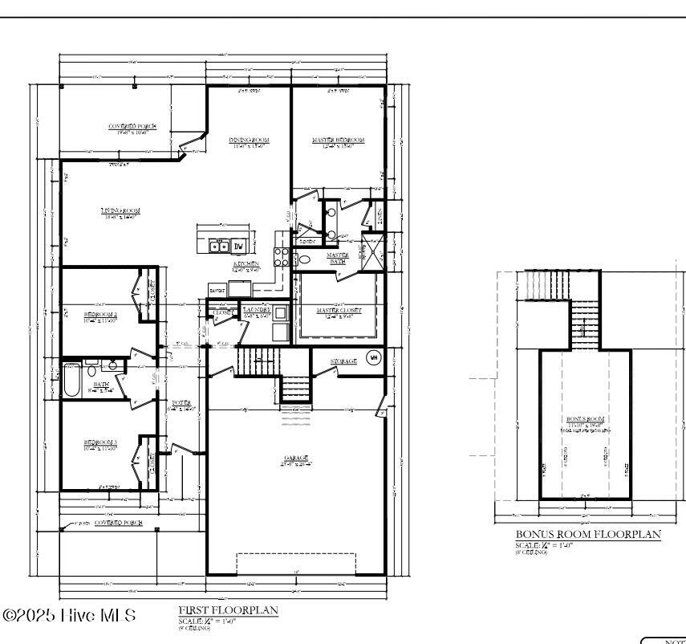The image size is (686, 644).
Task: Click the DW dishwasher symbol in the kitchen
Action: (x=238, y=247)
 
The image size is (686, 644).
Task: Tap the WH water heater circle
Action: (x=373, y=357)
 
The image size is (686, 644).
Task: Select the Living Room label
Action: (x=120, y=210)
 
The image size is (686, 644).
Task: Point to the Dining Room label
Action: (x=250, y=140)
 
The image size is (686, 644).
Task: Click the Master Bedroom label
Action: (x=338, y=140)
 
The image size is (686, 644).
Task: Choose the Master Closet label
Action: (x=338, y=310)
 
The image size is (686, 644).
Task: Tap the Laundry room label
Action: (x=256, y=309)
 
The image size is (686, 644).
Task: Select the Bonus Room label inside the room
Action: (x=585, y=419)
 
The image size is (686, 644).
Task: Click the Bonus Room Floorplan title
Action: (x=588, y=534)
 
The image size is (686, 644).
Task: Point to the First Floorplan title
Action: (x=228, y=610)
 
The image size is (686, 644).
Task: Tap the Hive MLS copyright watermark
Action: (x=70, y=616)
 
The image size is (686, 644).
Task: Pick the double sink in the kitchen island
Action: (x=221, y=247)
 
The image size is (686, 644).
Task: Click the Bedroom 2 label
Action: (x=101, y=314)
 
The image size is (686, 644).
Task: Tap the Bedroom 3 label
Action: (x=101, y=442)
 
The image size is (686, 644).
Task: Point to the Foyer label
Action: (x=181, y=402)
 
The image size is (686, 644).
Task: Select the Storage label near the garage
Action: (x=343, y=361)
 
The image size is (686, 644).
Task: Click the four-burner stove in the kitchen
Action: (x=282, y=256)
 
